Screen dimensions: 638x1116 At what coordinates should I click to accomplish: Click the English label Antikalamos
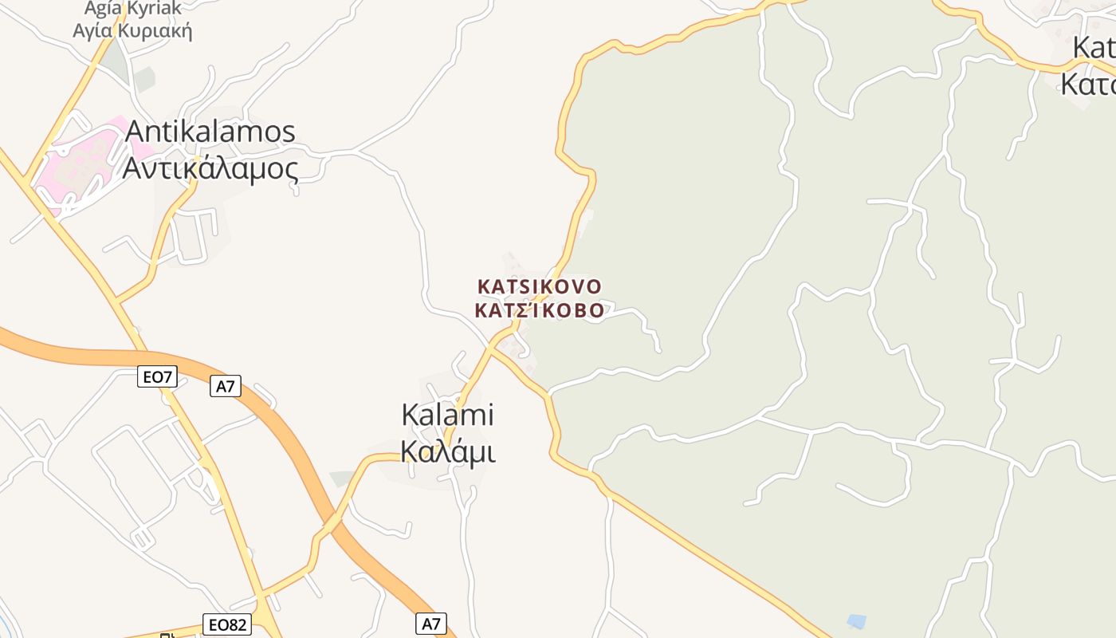click(x=210, y=132)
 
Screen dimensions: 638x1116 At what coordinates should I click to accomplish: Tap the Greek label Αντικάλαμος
click(x=210, y=168)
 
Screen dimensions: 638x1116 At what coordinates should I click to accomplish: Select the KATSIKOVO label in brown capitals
click(x=540, y=286)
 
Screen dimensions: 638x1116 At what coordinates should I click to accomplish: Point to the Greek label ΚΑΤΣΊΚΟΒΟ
click(x=540, y=311)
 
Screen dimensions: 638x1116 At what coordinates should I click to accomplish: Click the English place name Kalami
click(x=447, y=415)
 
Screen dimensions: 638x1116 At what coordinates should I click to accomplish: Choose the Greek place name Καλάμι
click(x=447, y=452)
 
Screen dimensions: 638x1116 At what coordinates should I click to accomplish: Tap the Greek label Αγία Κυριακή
click(x=132, y=32)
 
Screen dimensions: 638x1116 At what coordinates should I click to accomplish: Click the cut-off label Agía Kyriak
click(x=132, y=10)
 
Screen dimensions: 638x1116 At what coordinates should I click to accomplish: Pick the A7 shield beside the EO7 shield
click(x=226, y=387)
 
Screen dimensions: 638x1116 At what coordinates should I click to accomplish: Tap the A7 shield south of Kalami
click(x=430, y=624)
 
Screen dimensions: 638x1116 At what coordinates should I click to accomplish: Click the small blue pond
click(x=856, y=620)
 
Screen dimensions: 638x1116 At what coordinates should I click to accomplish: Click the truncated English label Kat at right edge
click(x=1094, y=48)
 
